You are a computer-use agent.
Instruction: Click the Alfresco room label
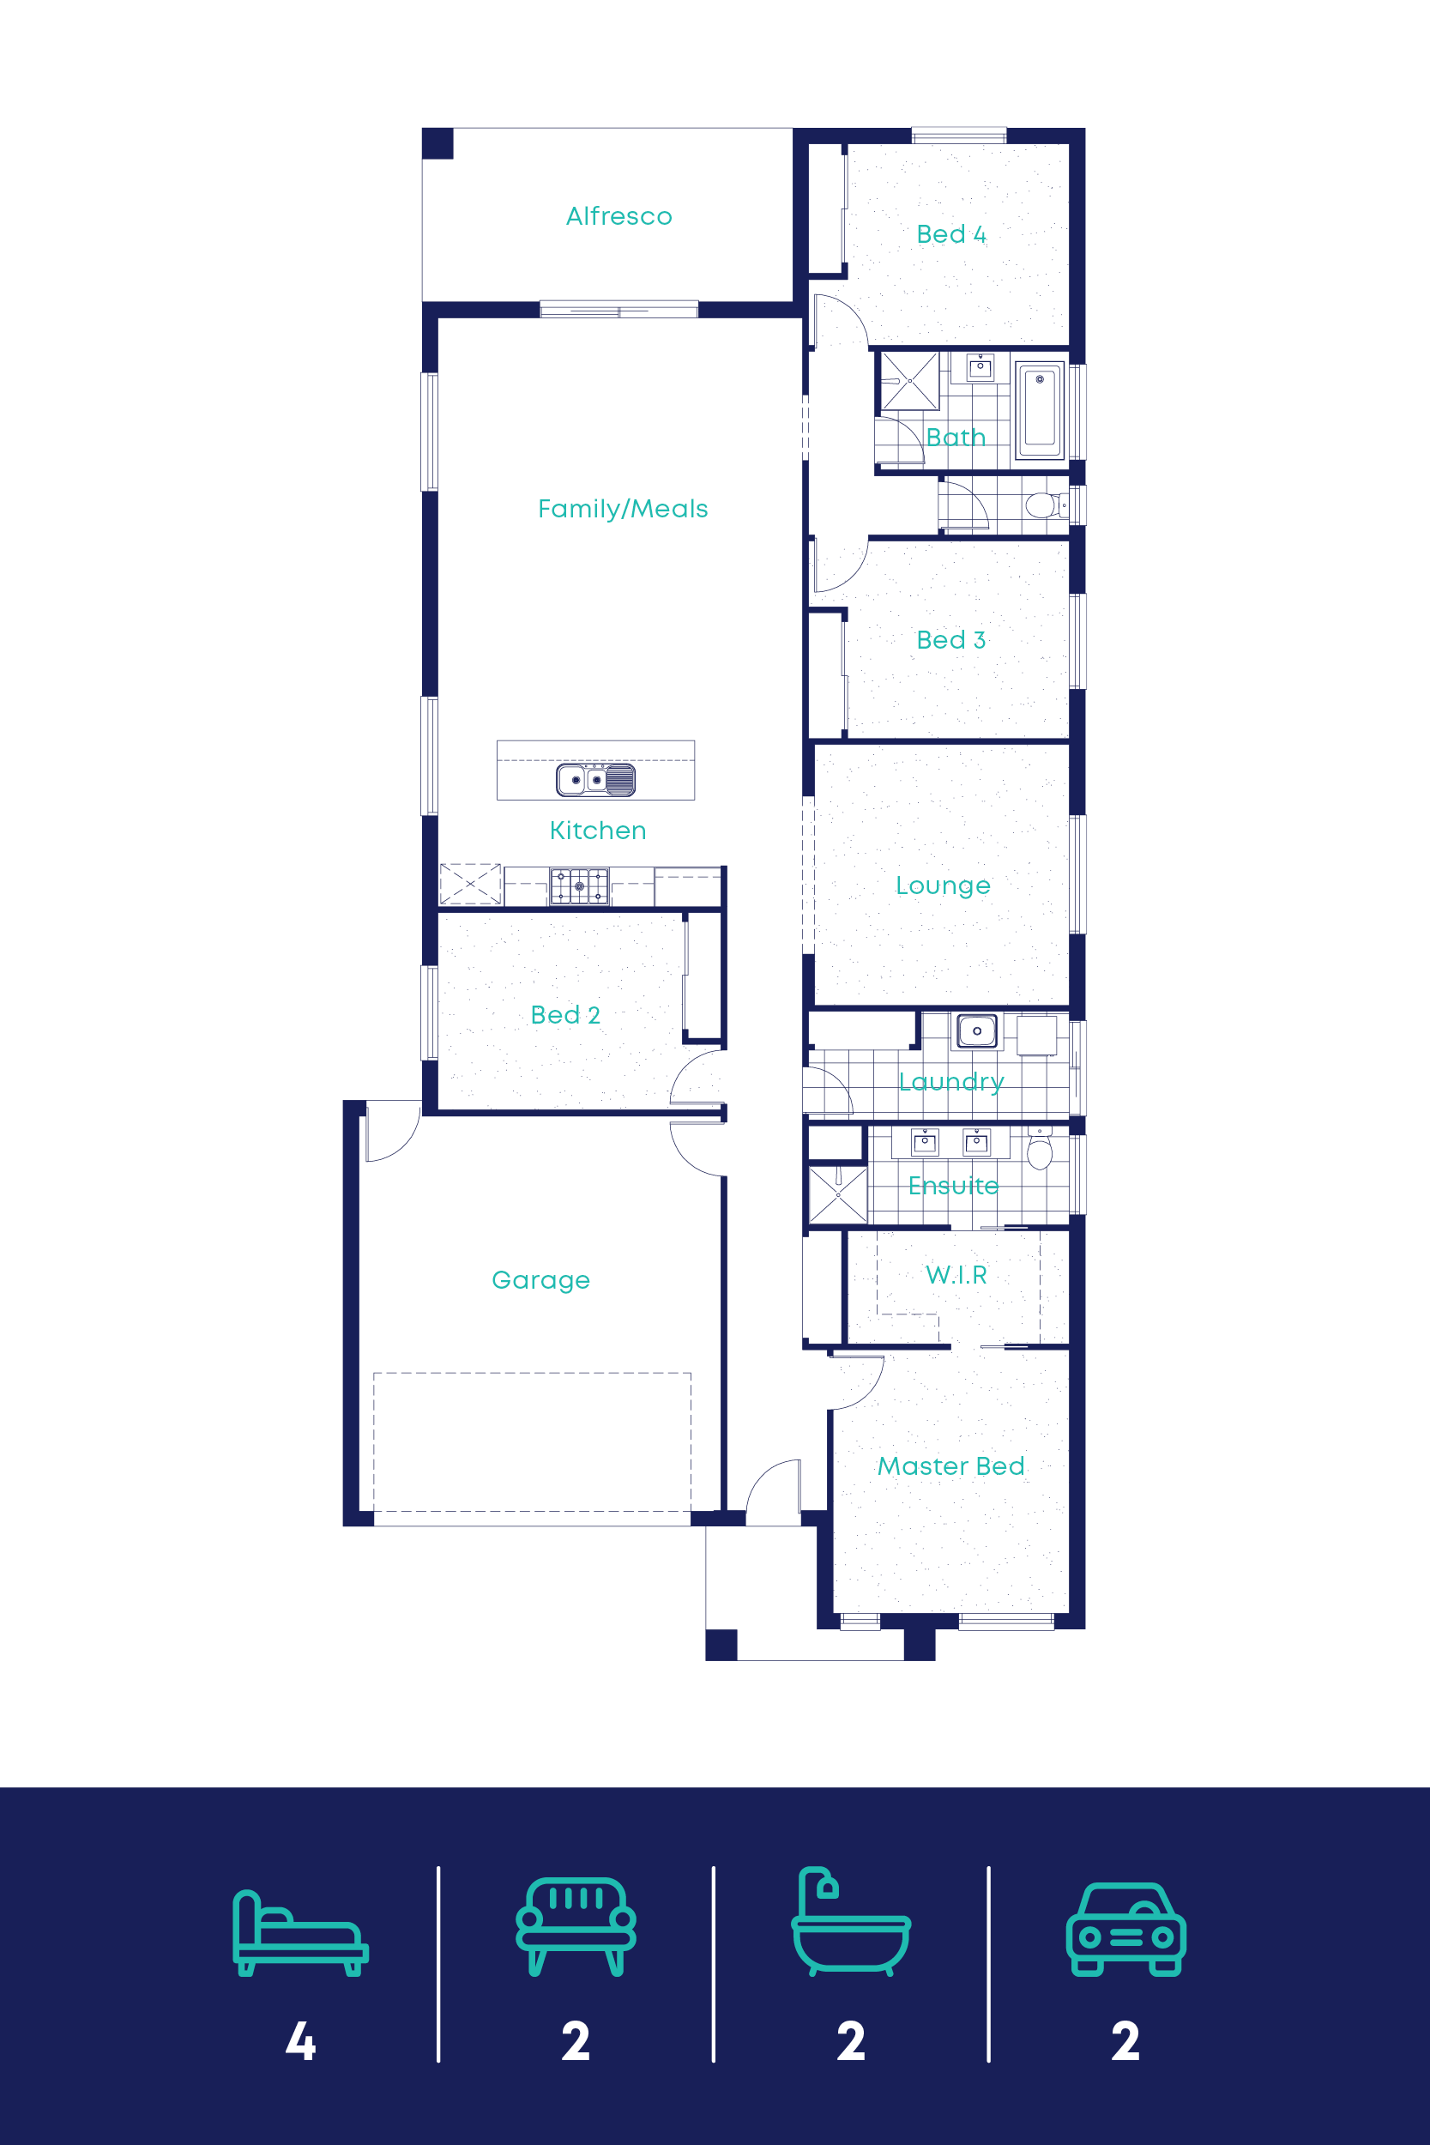pos(618,216)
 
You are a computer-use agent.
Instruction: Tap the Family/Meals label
pos(623,509)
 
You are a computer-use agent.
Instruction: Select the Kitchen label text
pos(597,830)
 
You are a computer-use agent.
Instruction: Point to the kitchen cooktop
pos(579,885)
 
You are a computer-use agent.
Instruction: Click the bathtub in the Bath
pos(1039,410)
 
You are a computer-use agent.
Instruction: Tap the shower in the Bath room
pos(909,381)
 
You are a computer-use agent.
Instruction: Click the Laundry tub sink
pos(977,1030)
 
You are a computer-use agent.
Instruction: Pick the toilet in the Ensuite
pos(1040,1149)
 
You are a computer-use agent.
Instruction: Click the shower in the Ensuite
pos(838,1194)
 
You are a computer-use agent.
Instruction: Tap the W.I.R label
pos(956,1275)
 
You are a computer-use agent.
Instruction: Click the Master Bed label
pos(950,1466)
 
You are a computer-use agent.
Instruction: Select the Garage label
pos(540,1280)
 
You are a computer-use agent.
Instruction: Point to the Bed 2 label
pos(565,1015)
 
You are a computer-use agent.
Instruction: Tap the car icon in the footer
pos(1125,1930)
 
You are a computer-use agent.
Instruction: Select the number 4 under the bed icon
pos(300,2041)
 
